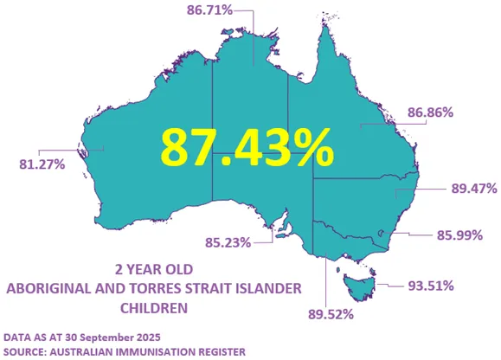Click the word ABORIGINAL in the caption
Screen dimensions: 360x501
[x=49, y=287]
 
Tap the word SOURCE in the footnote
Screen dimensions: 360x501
[x=26, y=350]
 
